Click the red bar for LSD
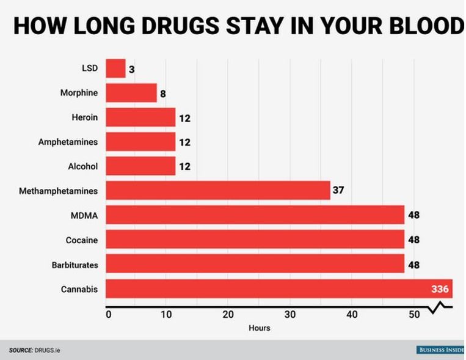point(115,68)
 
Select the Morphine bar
point(131,93)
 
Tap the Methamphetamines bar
point(218,191)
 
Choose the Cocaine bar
point(255,240)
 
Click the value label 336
point(440,288)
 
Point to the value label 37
point(338,191)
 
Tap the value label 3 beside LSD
point(131,69)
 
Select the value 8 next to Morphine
point(163,94)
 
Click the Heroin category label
point(85,117)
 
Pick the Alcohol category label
point(83,166)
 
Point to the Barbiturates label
point(75,264)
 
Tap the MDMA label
point(84,215)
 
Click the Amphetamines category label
point(68,142)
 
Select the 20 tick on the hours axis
point(228,315)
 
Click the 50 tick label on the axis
point(413,315)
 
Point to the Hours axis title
point(259,328)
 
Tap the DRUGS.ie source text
point(46,350)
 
